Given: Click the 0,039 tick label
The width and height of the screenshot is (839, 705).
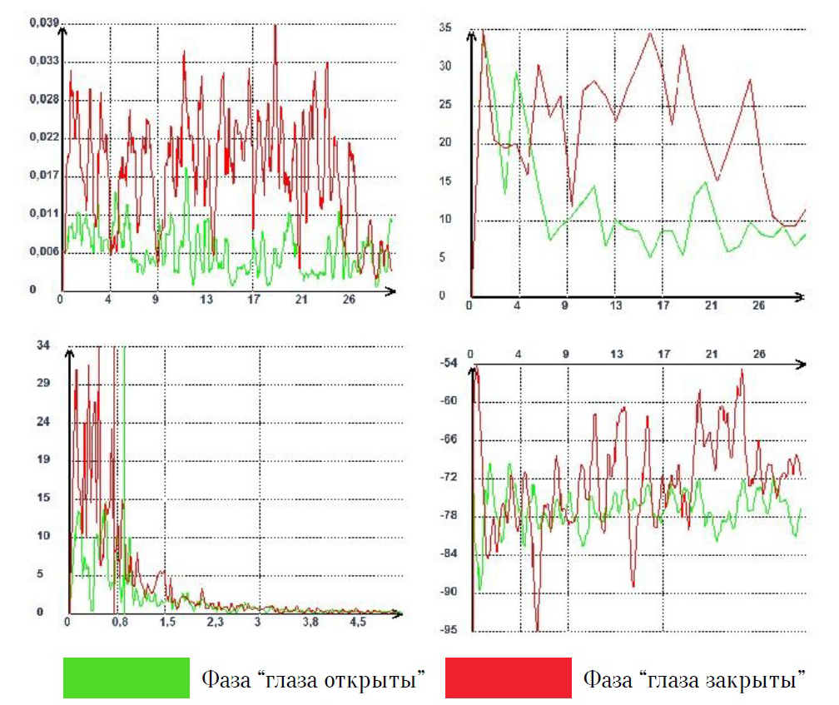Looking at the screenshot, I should (45, 23).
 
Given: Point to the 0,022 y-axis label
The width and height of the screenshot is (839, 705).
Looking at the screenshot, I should (45, 137).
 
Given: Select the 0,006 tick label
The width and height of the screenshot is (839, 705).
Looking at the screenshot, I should (45, 251).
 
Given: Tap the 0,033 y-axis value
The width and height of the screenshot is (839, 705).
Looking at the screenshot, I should (45, 62).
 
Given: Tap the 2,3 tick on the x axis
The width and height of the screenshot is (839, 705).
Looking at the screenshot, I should (216, 623).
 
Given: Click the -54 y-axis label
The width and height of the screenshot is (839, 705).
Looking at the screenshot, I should (449, 363).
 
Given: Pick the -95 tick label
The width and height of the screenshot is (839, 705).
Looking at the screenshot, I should (449, 629).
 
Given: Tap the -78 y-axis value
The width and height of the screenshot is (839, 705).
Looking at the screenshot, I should (449, 515).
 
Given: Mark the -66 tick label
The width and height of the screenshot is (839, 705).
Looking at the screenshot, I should (449, 439).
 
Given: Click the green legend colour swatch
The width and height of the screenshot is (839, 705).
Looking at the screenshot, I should (126, 677).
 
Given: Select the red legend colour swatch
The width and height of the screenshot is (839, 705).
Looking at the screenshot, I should (508, 677).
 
